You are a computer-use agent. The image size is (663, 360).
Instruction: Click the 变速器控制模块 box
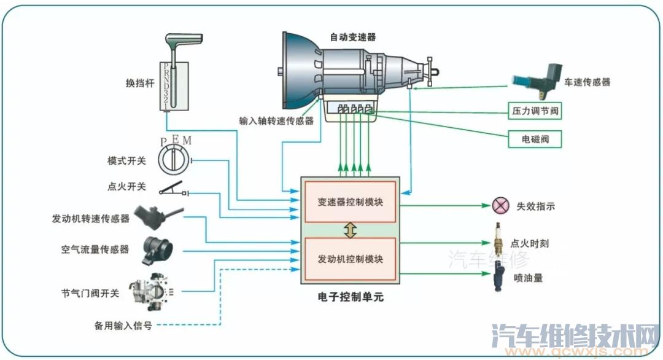(x=350, y=202)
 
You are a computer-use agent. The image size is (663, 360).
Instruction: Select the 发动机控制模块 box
(x=350, y=259)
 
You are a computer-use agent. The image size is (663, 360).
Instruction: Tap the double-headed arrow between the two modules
(x=350, y=230)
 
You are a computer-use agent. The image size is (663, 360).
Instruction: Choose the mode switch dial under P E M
(x=175, y=160)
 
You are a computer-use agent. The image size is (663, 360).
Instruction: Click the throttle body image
(x=150, y=291)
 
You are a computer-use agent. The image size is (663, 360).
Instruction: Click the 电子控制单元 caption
(x=350, y=297)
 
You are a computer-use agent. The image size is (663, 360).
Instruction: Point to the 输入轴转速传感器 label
(x=276, y=121)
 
